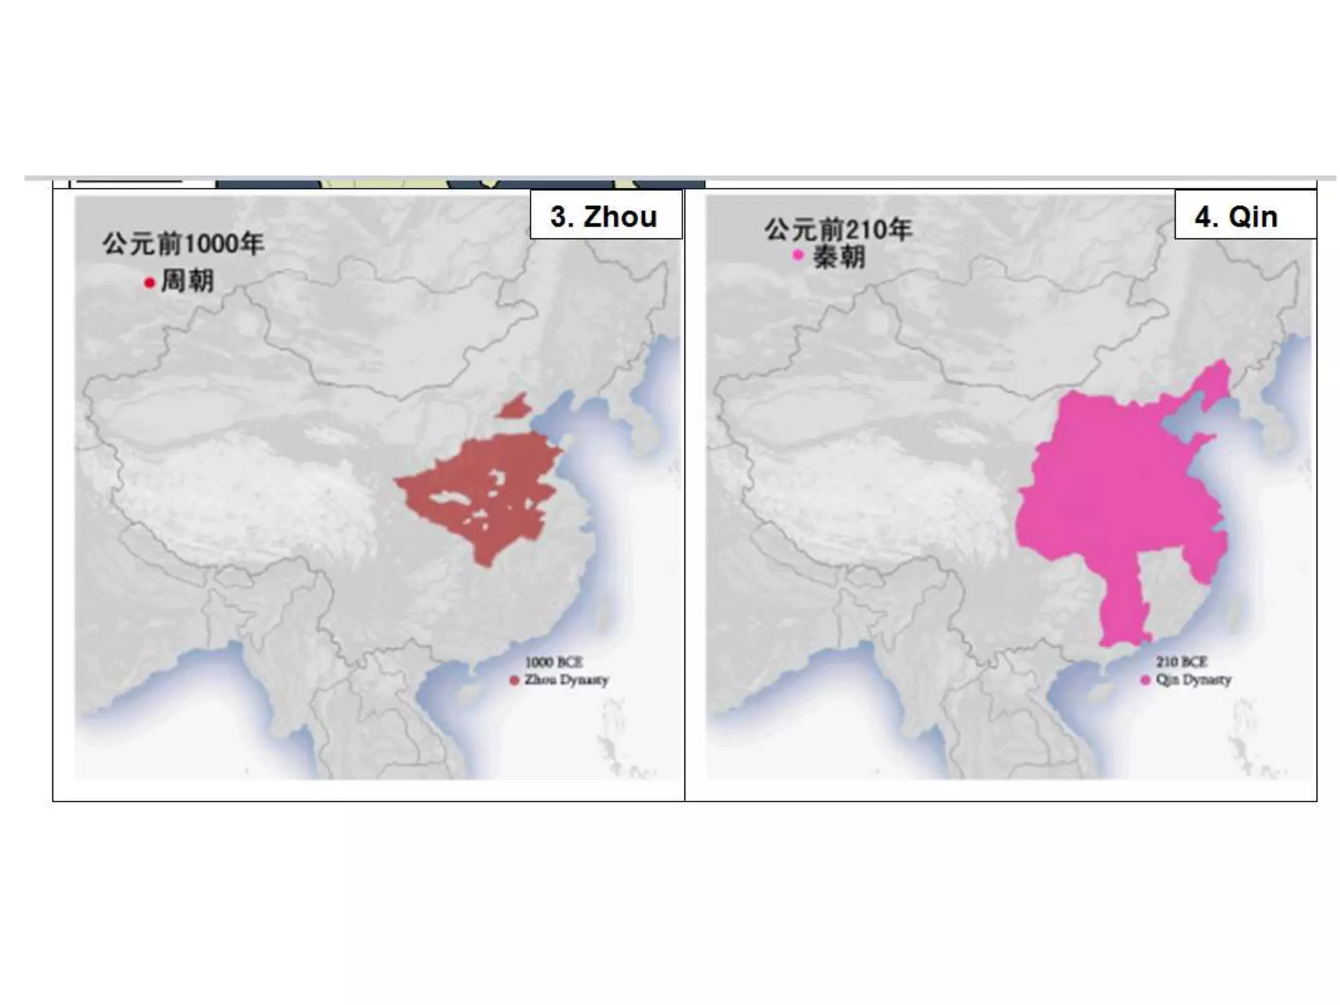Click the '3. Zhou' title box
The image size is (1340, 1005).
click(605, 216)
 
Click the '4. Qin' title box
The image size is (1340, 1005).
click(1244, 216)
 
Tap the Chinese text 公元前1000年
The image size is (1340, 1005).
click(183, 243)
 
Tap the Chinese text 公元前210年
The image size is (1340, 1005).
click(838, 229)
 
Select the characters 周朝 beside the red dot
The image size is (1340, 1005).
click(187, 281)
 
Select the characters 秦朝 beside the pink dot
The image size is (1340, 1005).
click(839, 256)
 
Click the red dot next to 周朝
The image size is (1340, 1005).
click(149, 283)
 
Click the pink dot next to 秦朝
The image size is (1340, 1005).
click(798, 255)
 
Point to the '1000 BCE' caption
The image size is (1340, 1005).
click(554, 662)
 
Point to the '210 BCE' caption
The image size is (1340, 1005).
click(1182, 661)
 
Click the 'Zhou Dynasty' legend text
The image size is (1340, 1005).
click(566, 680)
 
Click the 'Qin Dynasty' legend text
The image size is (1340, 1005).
click(1193, 680)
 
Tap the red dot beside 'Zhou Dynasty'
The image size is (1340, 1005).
click(514, 680)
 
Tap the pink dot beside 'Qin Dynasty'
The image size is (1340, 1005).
click(1145, 680)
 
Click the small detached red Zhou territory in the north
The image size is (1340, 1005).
click(515, 407)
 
